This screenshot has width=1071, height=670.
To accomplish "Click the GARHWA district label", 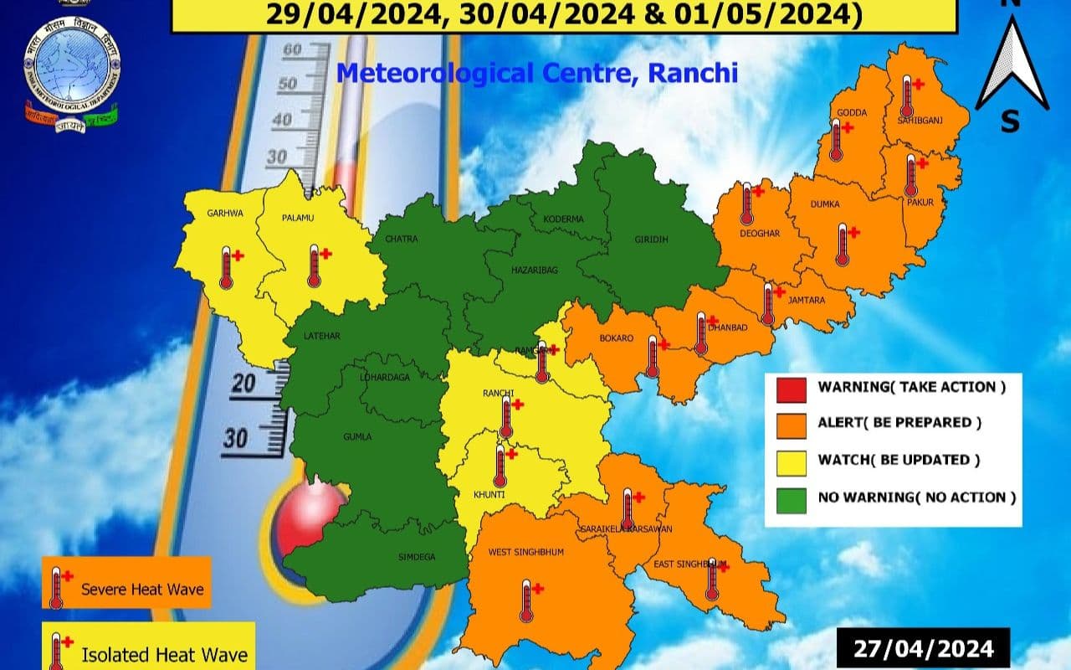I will pyautogui.click(x=225, y=214).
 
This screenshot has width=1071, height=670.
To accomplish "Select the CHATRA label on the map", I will pyautogui.click(x=401, y=240).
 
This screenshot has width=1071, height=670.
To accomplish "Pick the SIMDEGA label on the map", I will pyautogui.click(x=417, y=556).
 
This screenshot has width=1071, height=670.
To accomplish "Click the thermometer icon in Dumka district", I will pyautogui.click(x=843, y=245).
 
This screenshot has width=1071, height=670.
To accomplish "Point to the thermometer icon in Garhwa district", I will pyautogui.click(x=226, y=268).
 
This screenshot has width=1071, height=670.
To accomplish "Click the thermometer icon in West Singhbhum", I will pyautogui.click(x=526, y=600).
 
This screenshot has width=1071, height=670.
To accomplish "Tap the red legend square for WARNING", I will pyautogui.click(x=792, y=389).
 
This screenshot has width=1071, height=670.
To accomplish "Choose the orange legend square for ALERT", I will pyautogui.click(x=792, y=425).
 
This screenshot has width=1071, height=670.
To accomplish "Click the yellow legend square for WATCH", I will pyautogui.click(x=792, y=461).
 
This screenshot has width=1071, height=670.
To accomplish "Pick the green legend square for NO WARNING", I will pyautogui.click(x=792, y=499).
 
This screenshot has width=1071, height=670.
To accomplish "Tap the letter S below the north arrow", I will pyautogui.click(x=1010, y=122).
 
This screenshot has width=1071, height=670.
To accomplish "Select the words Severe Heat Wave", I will pyautogui.click(x=142, y=590).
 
